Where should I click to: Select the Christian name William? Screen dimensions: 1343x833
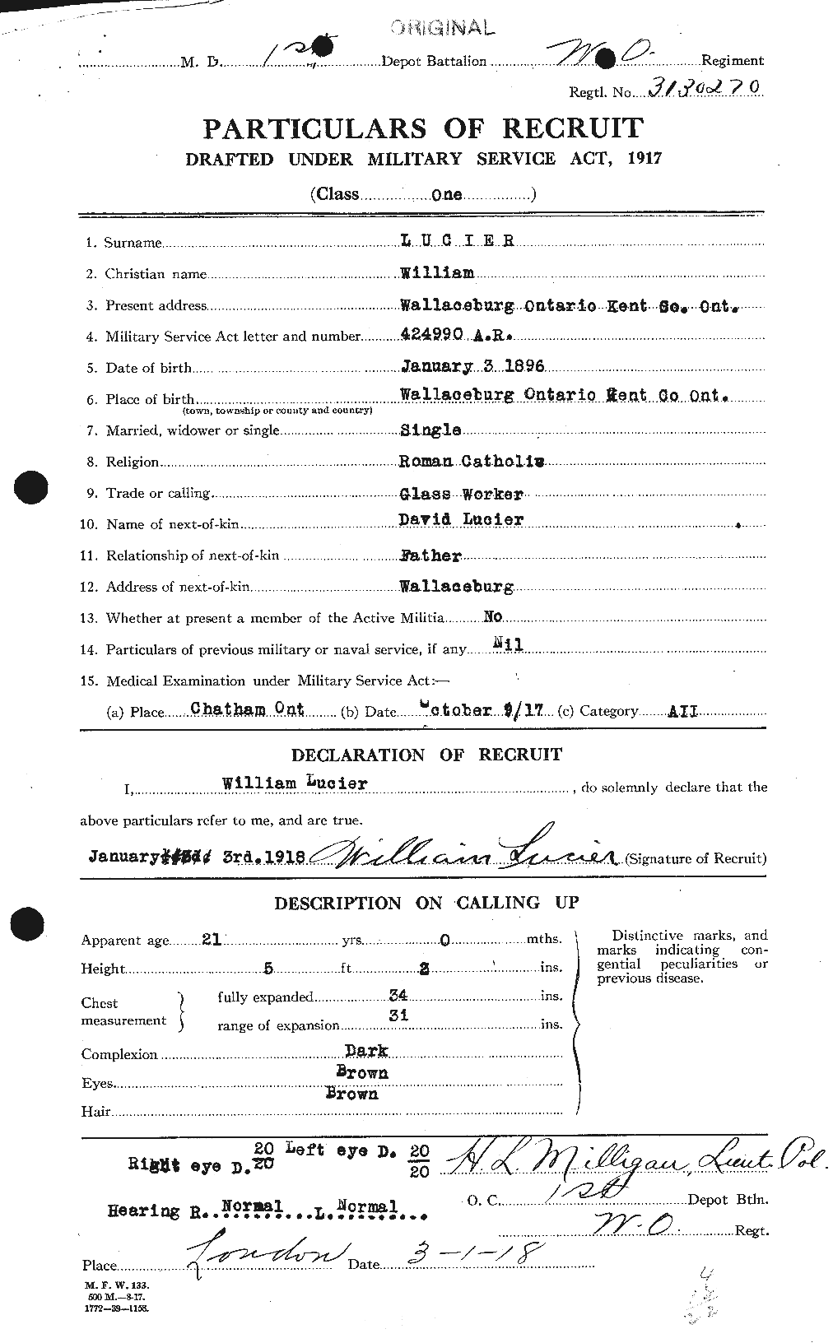tap(436, 273)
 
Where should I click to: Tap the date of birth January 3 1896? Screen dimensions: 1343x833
tap(472, 366)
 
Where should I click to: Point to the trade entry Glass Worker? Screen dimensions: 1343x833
tap(461, 493)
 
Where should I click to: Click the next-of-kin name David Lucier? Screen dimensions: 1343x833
tap(461, 520)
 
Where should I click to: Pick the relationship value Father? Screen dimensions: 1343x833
tap(430, 555)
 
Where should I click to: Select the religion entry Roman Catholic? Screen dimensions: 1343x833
tap(471, 462)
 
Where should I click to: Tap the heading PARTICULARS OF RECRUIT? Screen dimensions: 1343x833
tap(423, 129)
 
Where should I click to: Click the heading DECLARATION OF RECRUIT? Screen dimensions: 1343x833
tap(426, 755)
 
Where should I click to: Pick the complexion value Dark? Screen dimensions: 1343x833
tap(367, 1051)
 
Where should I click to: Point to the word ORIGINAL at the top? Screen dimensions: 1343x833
tap(443, 29)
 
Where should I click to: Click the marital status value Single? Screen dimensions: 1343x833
tap(430, 430)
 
